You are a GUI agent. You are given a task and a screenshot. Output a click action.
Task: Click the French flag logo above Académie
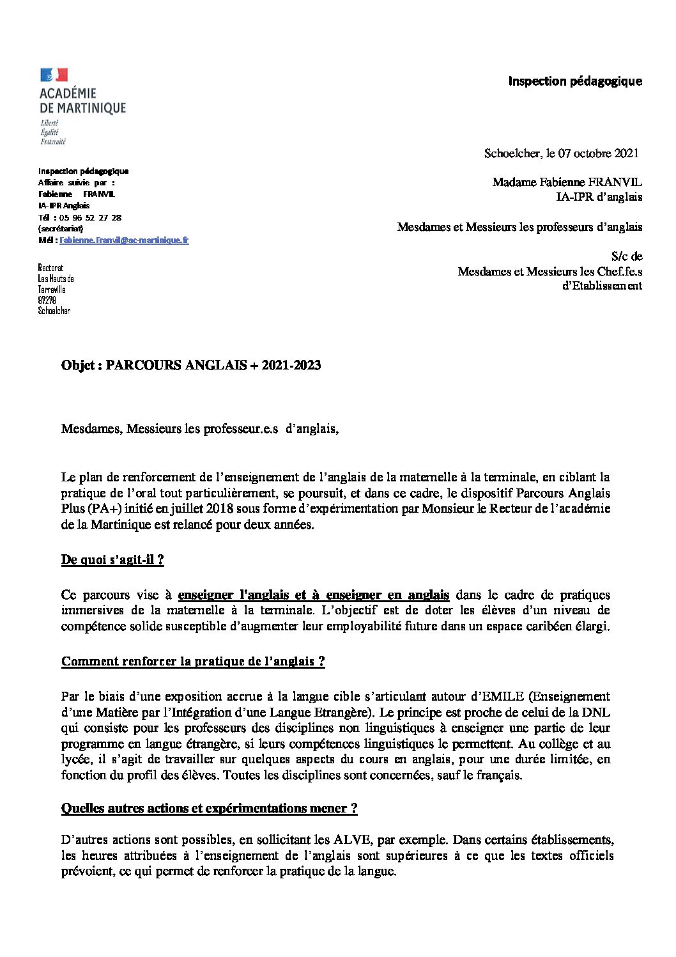tap(54, 75)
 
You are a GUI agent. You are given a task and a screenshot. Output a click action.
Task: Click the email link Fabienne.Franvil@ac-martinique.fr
tap(124, 240)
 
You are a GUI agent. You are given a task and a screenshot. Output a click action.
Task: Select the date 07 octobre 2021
tap(598, 153)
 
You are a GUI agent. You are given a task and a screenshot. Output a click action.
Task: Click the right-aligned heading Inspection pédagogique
tap(575, 81)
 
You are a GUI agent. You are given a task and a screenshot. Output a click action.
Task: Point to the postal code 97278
tap(47, 300)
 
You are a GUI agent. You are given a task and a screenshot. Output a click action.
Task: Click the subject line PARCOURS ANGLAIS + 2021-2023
tap(213, 365)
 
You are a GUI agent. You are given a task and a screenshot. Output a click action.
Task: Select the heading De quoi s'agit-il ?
tap(112, 560)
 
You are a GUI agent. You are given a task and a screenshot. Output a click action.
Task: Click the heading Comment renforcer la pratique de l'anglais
tap(193, 661)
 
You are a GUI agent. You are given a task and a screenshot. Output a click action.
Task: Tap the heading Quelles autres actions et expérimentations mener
tap(209, 808)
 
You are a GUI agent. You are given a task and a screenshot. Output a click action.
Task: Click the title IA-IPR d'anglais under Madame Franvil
tap(599, 197)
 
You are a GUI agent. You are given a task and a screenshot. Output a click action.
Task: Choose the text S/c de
tap(626, 256)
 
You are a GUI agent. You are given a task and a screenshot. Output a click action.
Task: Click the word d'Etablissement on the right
tap(602, 286)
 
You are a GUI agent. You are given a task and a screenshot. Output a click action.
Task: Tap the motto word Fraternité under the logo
tap(53, 141)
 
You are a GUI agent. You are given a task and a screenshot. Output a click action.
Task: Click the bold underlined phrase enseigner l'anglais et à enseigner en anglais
tap(314, 595)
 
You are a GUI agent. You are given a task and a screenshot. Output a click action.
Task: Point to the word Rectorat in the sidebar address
tap(51, 268)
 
